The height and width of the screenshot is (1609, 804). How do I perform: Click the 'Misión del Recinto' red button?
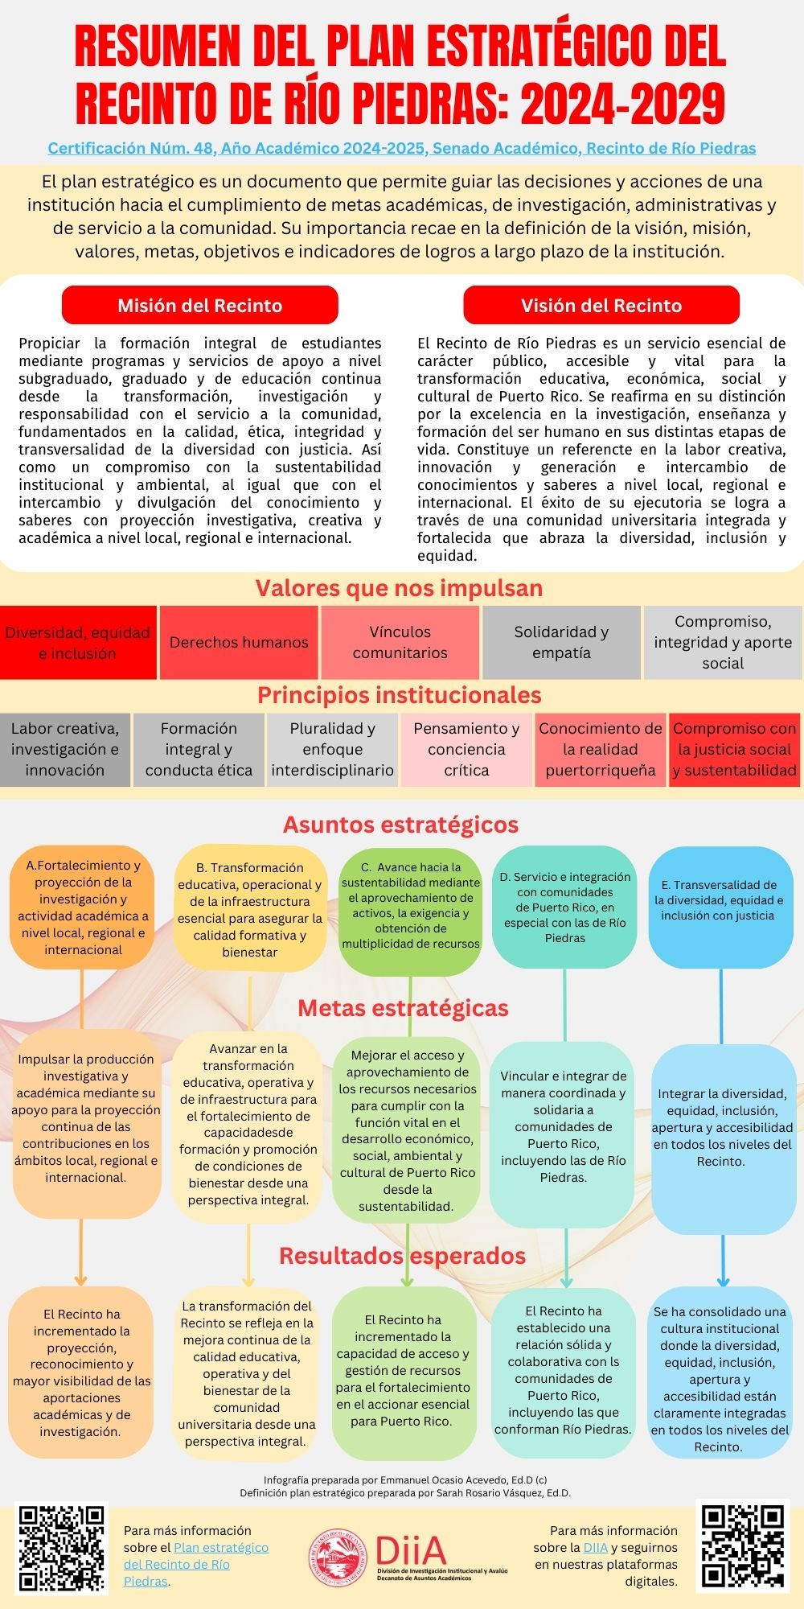199,306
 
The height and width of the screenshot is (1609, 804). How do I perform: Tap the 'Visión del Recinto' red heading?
601,306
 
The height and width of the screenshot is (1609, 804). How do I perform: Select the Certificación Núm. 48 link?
401,148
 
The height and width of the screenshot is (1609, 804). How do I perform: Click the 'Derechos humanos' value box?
239,642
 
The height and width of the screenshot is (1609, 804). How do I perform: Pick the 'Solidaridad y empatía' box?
561,642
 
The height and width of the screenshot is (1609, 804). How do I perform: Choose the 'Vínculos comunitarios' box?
400,642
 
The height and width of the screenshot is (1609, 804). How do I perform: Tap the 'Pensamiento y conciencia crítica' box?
466,749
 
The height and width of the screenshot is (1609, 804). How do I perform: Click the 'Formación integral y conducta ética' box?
199,749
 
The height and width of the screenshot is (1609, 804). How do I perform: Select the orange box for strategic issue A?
83,907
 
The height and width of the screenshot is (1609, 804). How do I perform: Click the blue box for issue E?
720,907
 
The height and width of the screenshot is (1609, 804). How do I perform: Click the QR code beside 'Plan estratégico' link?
62,1549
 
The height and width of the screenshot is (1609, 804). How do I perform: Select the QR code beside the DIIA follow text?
741,1549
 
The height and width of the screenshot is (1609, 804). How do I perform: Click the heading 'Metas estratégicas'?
403,1008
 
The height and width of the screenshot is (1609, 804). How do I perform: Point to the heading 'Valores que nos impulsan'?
399,588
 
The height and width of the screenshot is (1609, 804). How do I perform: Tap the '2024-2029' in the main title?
622,103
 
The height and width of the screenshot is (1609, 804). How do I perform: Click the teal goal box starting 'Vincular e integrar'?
563,1126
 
